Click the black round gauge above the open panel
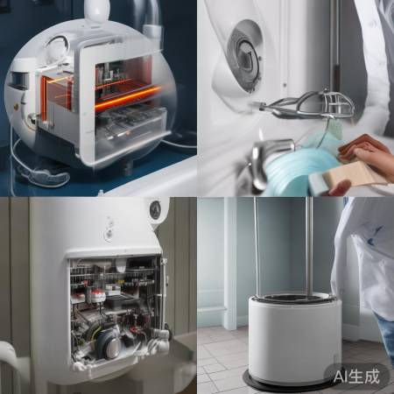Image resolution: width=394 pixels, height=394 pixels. point(155,209)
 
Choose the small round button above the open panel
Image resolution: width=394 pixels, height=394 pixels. point(109,234)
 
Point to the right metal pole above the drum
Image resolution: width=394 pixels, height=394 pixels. point(307,245)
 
